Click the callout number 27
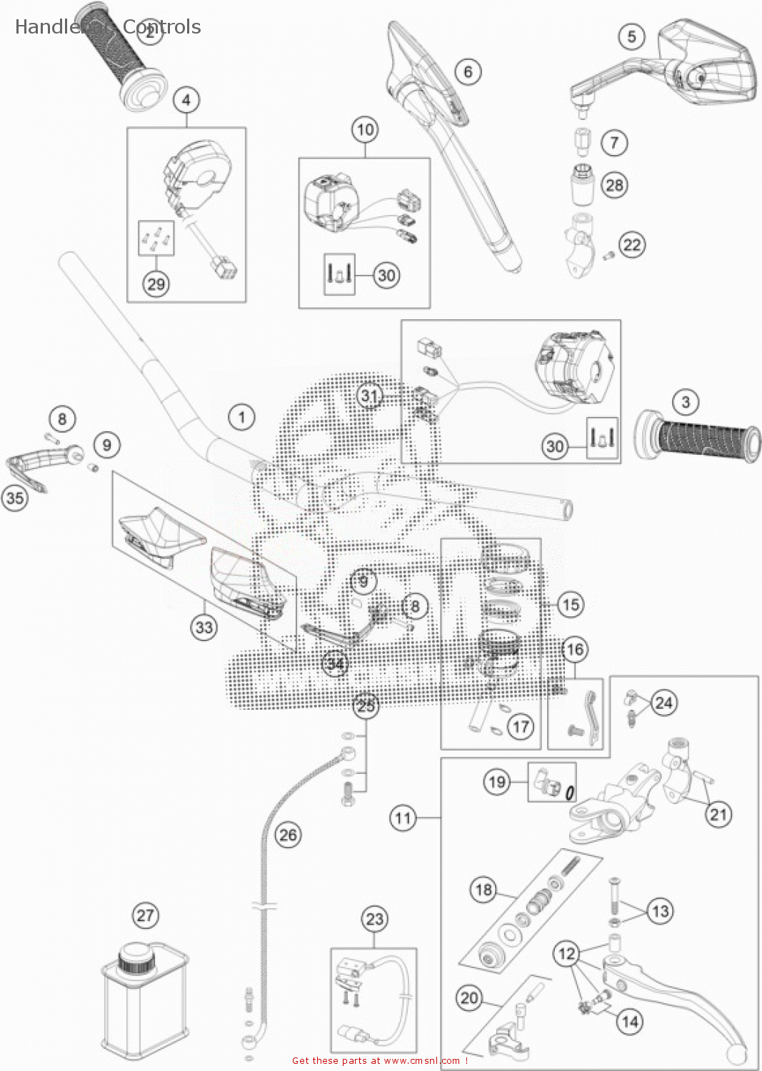[x=145, y=915]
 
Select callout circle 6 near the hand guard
[x=468, y=71]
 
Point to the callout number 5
[x=631, y=36]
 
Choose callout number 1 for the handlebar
[x=241, y=417]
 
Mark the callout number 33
[x=204, y=627]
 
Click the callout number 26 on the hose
[x=288, y=835]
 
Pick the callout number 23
[x=375, y=919]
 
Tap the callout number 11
[x=403, y=818]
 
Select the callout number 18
[x=484, y=889]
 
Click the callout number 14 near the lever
[x=630, y=1022]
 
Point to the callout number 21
[x=718, y=814]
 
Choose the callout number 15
[x=571, y=605]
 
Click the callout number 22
[x=632, y=245]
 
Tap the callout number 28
[x=614, y=185]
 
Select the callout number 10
[x=365, y=130]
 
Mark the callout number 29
[x=156, y=284]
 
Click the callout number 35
[x=15, y=498]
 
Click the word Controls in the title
[x=162, y=27]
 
